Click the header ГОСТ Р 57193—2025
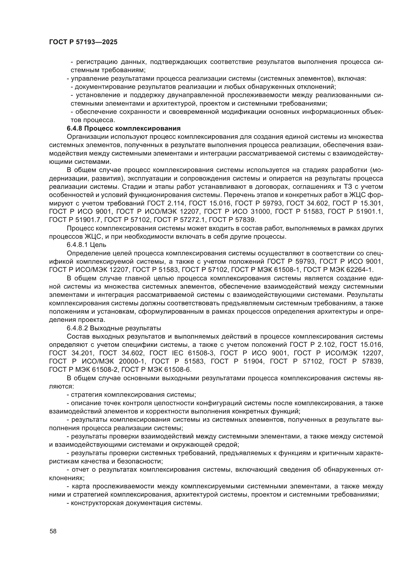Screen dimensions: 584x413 point(83,42)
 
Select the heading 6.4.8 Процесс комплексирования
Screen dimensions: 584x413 point(124,128)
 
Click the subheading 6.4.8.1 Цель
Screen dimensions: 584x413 point(86,245)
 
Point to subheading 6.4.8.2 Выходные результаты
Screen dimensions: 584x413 point(114,328)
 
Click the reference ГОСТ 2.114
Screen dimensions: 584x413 point(166,203)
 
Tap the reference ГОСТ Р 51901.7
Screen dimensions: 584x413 point(75,220)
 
